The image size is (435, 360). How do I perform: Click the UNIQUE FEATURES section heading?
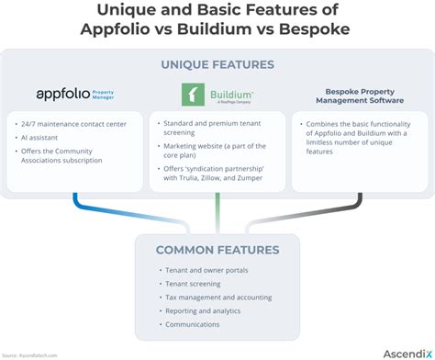(x=217, y=64)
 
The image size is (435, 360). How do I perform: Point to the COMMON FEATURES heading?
(x=217, y=249)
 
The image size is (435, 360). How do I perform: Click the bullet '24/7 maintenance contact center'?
(x=76, y=122)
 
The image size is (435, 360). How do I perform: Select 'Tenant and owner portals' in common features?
(x=207, y=270)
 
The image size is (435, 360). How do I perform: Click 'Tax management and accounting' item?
(x=218, y=297)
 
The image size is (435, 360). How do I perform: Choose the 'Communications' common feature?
(x=193, y=324)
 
